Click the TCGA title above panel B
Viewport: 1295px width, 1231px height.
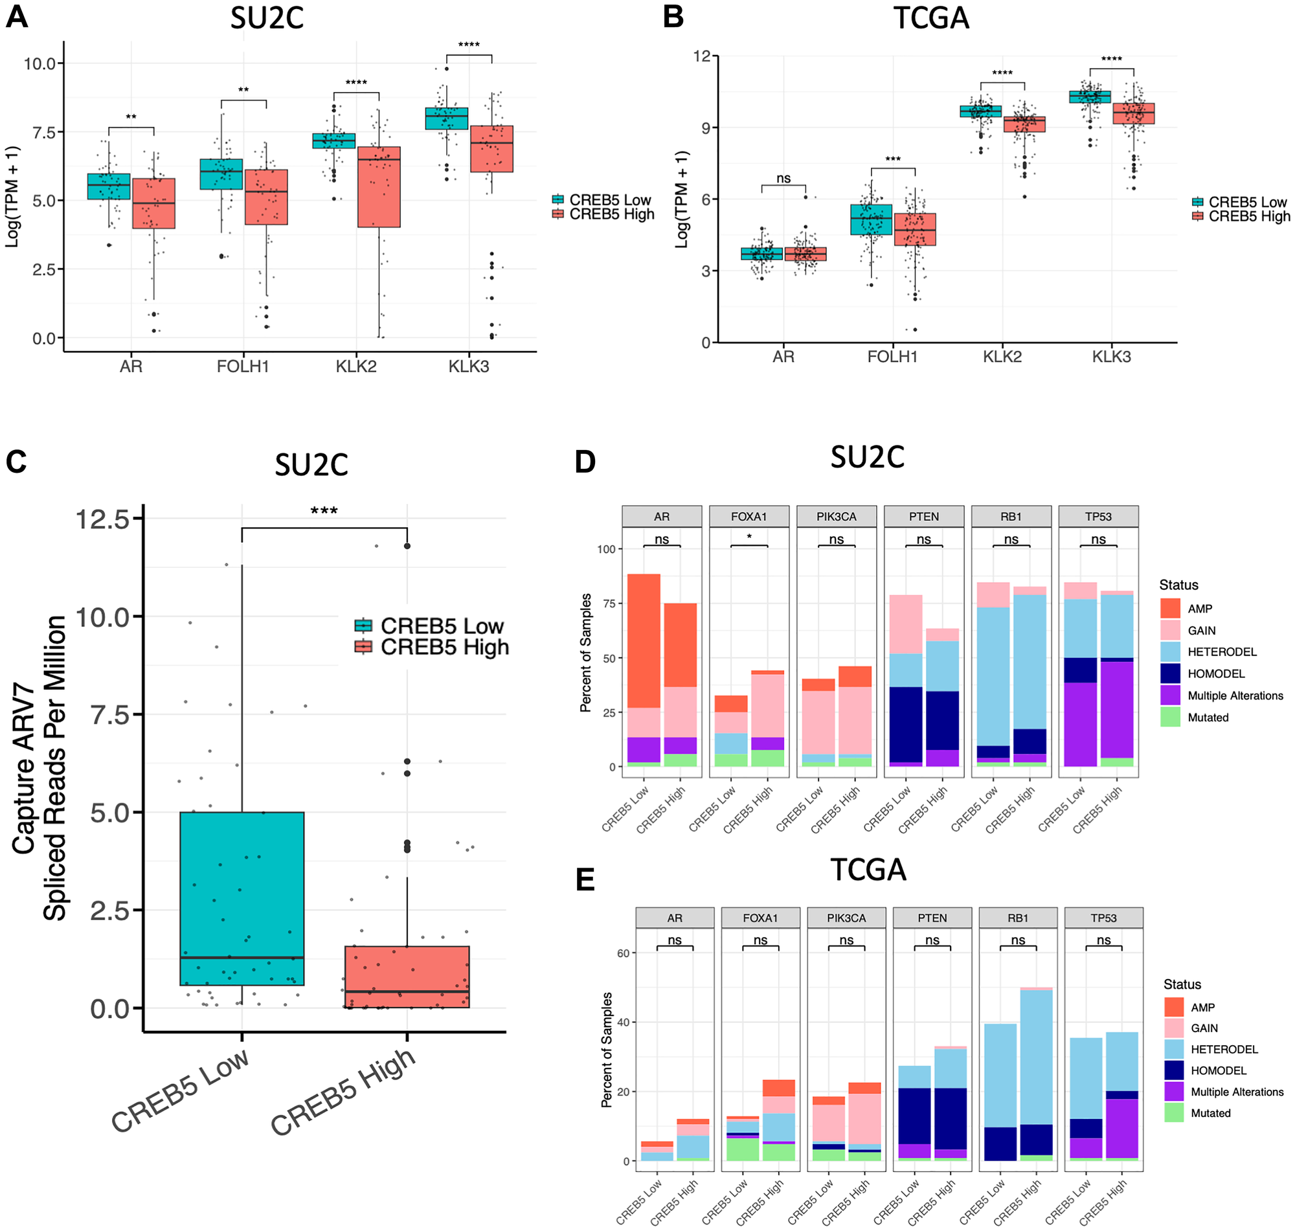[930, 17]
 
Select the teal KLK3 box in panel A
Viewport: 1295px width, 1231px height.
[446, 118]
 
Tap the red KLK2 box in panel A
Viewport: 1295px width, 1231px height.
[379, 187]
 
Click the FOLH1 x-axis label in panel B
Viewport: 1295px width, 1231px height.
[892, 357]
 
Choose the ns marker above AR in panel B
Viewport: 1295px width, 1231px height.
[783, 179]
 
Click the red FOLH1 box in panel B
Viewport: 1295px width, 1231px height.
[915, 229]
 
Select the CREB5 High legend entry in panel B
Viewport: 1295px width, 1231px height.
[1241, 216]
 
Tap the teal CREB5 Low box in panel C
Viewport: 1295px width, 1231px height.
[242, 898]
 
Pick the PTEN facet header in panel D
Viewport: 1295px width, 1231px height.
[923, 516]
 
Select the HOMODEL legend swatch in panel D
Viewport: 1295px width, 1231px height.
[1169, 673]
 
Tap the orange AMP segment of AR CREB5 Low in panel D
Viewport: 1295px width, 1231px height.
[644, 640]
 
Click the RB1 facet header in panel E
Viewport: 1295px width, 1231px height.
[1017, 918]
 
